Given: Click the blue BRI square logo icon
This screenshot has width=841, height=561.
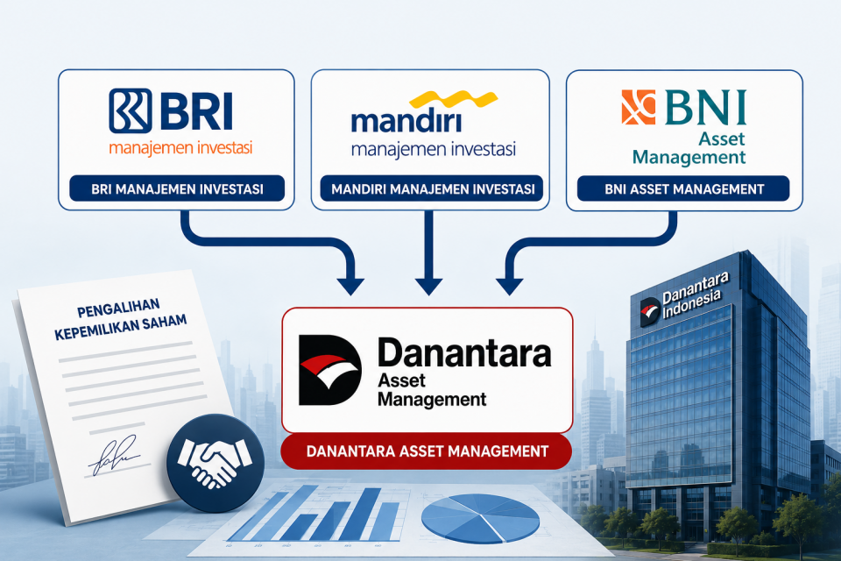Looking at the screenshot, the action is (131, 110).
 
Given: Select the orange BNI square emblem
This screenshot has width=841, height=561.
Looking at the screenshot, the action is (639, 107).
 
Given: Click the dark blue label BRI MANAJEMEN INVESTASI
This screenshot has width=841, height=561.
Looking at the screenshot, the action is (177, 189).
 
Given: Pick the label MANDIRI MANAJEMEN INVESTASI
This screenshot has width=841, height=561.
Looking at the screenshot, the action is (432, 189).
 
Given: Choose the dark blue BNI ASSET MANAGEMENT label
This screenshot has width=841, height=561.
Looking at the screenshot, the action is (683, 189).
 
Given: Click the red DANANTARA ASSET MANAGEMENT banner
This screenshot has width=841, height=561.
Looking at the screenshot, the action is (427, 451).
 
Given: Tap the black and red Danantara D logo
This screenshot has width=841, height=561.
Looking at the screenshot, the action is (329, 371).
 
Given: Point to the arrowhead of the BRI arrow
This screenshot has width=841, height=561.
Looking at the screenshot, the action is (350, 287).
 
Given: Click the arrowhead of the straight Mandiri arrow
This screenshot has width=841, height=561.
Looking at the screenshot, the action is (428, 287).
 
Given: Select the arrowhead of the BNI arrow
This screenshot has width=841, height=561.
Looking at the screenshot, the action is (510, 287).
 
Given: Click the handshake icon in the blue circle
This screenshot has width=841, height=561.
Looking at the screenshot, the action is (216, 463).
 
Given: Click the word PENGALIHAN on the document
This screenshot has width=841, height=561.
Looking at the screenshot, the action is (118, 308).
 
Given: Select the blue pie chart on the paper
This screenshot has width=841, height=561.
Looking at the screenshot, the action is (480, 518).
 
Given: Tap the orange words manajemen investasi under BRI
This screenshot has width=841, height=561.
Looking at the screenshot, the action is (180, 148).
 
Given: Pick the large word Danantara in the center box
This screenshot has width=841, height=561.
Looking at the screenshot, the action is (464, 353).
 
